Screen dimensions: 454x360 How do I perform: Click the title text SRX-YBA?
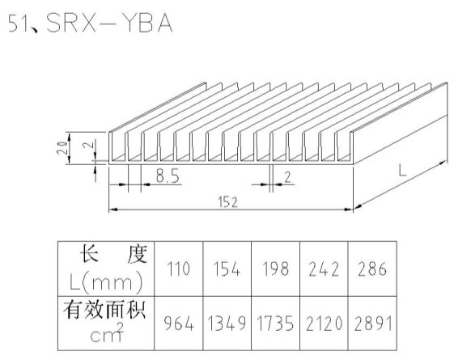[109, 23]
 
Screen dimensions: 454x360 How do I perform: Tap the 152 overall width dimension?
[228, 202]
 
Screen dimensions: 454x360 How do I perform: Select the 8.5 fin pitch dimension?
[168, 176]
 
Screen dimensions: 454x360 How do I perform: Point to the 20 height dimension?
[62, 148]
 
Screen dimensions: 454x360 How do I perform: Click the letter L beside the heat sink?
[402, 170]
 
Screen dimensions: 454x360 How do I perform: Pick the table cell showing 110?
[178, 269]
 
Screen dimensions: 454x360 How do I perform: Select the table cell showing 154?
[227, 269]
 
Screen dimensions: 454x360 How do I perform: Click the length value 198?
[275, 269]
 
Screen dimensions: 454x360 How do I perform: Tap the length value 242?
[324, 269]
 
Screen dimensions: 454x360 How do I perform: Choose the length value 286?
[372, 269]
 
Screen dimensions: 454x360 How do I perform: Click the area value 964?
[179, 324]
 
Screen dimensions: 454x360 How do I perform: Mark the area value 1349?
[227, 324]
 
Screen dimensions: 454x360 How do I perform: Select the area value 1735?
[275, 324]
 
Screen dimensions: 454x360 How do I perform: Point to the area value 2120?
[324, 324]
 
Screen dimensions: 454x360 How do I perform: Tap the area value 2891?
[373, 324]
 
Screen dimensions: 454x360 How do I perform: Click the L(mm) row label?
[106, 282]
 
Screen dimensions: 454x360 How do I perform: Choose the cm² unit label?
[107, 333]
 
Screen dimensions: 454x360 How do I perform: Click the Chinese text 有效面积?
[104, 310]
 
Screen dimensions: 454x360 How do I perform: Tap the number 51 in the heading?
[18, 23]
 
